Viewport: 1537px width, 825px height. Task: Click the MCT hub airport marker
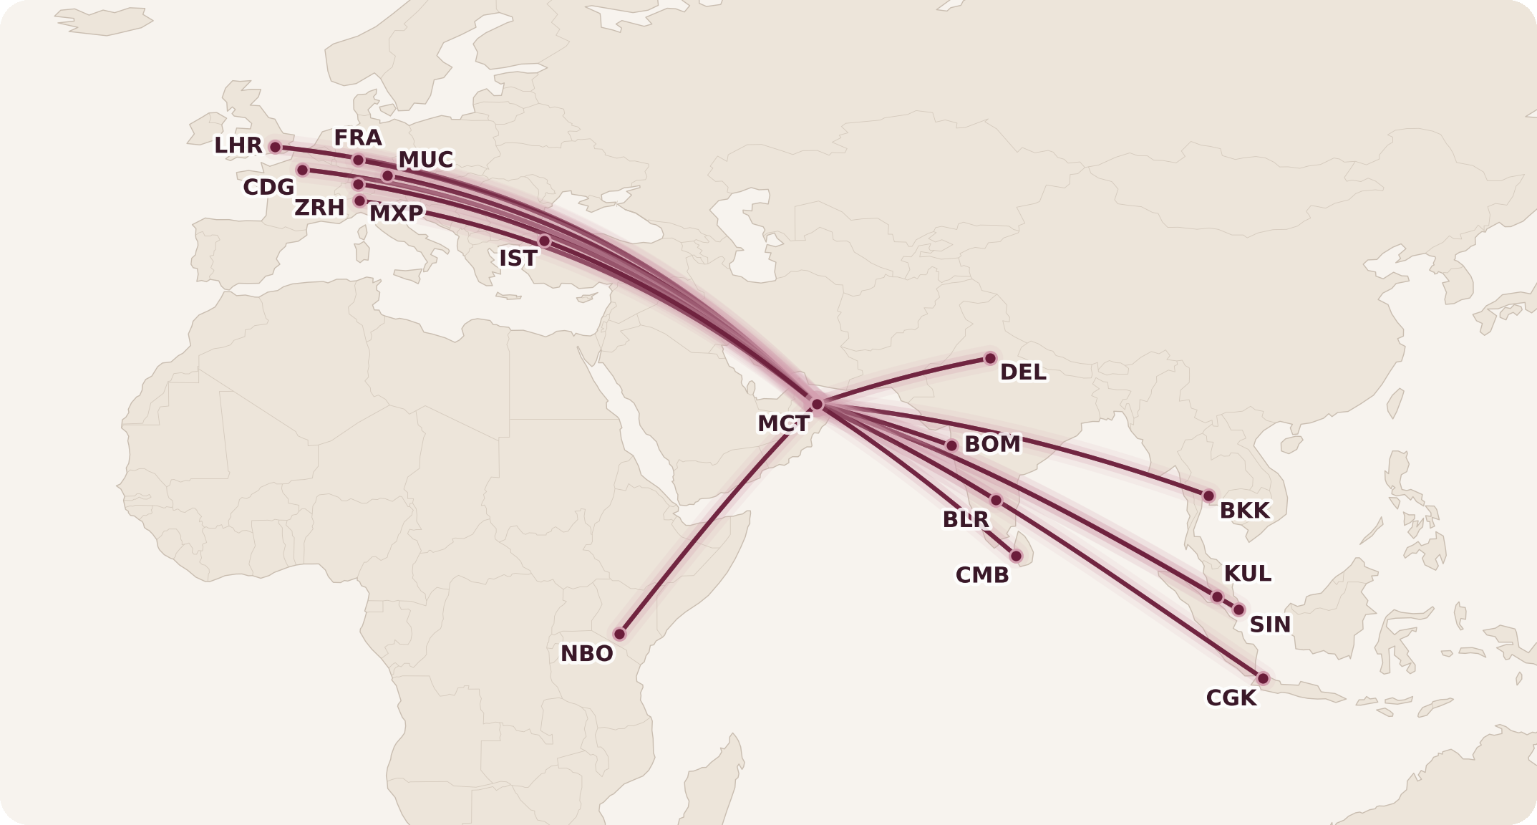coord(817,404)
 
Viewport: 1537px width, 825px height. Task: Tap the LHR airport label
coord(238,146)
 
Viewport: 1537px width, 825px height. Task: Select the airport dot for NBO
coord(620,634)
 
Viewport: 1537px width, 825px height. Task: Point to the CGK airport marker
coord(1263,678)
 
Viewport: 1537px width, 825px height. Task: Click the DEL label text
coord(1022,372)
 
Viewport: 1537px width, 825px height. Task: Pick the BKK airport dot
coord(1208,496)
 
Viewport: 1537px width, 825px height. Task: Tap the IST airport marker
coord(545,241)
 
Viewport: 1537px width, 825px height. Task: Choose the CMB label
coord(981,575)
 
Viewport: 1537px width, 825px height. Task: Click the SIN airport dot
coord(1238,610)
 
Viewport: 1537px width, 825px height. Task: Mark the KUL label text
coord(1247,574)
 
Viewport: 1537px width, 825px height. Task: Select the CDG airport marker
coord(302,170)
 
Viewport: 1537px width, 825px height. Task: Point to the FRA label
coord(358,137)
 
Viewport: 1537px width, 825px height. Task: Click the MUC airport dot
coord(387,175)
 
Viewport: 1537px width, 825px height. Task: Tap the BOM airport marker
coord(951,445)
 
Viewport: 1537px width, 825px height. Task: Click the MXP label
coord(396,213)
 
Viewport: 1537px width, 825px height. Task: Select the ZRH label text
coord(319,208)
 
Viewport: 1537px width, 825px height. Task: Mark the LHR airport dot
coord(275,147)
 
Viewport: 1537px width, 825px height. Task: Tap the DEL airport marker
coord(990,358)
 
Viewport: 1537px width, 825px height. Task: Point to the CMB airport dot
coord(1016,556)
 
